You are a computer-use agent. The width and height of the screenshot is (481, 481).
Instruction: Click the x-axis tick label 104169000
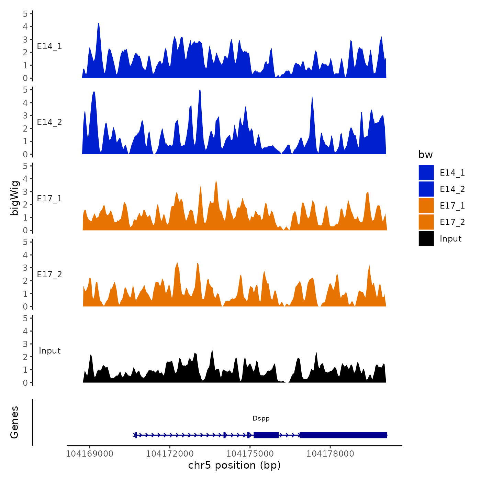coord(89,454)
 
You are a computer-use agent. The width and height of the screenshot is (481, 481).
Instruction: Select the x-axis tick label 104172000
coord(170,454)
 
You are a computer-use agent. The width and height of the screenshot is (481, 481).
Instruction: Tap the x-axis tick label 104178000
coord(330,454)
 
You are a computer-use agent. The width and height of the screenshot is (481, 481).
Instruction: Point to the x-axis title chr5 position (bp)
coord(234,465)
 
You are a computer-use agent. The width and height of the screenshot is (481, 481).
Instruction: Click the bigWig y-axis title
coord(14,198)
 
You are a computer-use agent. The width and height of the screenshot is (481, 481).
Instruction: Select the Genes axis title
coord(14,422)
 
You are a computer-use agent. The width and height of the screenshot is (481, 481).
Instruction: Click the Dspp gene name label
coord(261,418)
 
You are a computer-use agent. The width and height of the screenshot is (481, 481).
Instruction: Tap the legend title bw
coord(425,155)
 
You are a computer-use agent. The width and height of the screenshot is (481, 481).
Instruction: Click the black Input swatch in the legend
coord(426,238)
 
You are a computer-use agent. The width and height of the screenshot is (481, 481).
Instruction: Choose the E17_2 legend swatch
coord(426,222)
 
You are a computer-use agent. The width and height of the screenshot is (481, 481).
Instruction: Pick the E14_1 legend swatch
coord(426,172)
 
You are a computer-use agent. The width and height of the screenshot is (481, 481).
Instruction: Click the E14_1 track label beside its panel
coord(49,46)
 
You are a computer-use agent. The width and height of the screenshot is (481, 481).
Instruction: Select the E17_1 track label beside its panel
coord(49,199)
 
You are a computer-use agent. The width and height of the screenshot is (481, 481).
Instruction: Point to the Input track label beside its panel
coord(49,351)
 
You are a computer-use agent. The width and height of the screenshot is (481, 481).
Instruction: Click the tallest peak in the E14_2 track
coord(200,91)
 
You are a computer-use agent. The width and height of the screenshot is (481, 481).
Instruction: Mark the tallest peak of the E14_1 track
coord(99,24)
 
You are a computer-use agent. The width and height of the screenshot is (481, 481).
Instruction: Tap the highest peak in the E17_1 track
coord(216,181)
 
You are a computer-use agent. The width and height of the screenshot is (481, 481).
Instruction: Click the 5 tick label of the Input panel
coord(25,318)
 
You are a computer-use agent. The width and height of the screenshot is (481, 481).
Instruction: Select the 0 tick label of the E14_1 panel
coord(25,78)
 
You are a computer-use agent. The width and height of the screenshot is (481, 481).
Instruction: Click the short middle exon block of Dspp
coord(266,435)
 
